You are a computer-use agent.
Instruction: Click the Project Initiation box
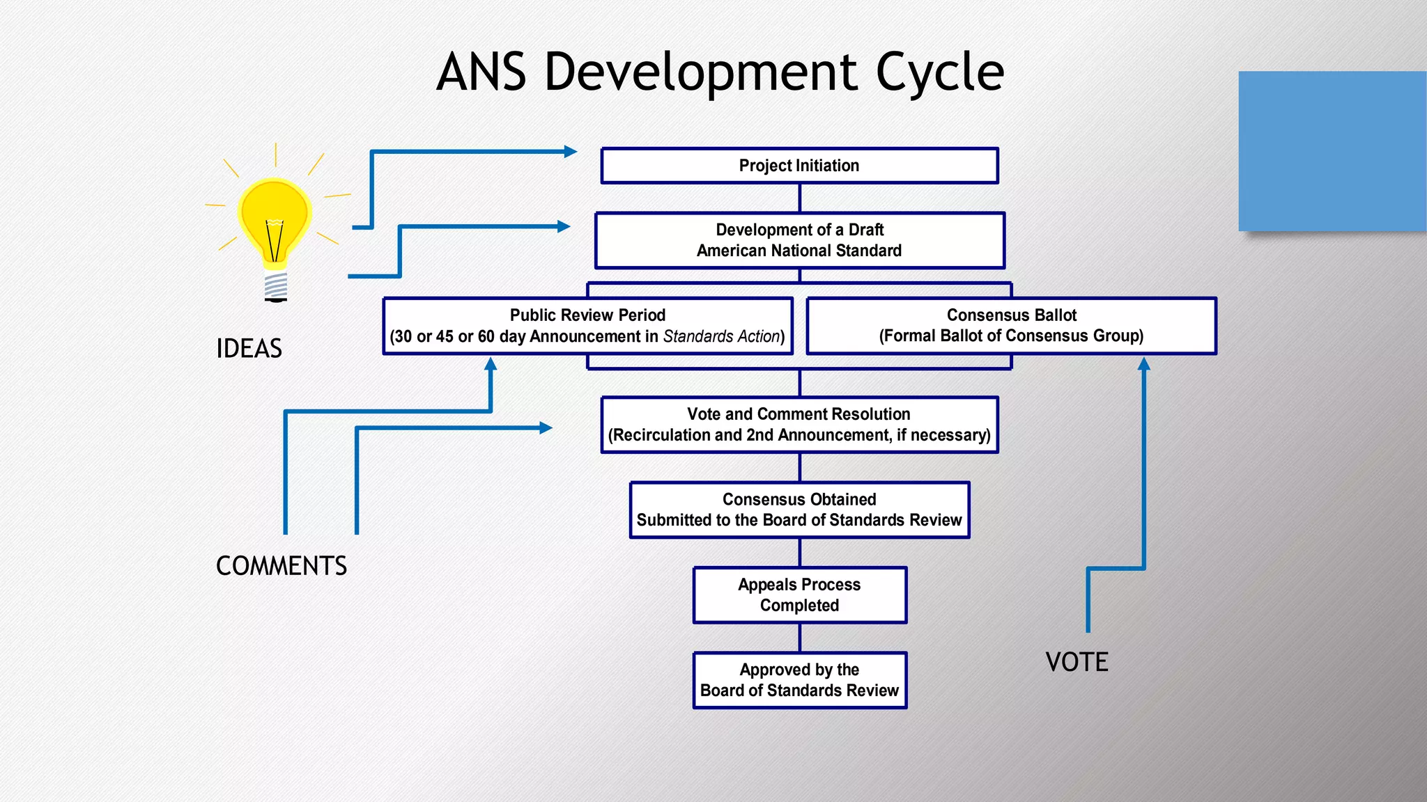click(799, 166)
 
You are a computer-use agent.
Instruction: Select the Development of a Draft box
click(799, 240)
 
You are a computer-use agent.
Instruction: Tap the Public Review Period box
click(587, 326)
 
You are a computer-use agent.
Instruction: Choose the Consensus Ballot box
click(1011, 326)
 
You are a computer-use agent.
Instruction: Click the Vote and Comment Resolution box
click(799, 425)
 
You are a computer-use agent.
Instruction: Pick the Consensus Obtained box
click(799, 510)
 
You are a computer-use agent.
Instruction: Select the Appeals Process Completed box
click(799, 595)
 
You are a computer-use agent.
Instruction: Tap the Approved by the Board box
click(799, 680)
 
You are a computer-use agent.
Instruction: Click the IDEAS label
click(249, 349)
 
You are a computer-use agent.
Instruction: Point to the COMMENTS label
click(281, 566)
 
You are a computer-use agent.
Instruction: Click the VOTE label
click(1077, 662)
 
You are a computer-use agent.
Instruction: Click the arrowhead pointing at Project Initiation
click(571, 151)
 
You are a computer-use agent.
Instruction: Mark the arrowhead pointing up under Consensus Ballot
click(1143, 363)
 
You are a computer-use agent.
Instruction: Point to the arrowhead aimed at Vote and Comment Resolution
click(546, 427)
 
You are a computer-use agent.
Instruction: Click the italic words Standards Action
click(721, 337)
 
